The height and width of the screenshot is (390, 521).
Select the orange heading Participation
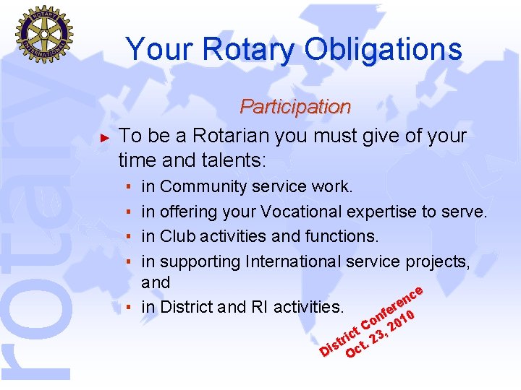click(x=295, y=107)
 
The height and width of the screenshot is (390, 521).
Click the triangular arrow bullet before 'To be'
click(x=104, y=136)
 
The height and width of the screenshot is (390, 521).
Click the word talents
click(x=226, y=159)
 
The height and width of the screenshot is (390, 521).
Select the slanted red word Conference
click(x=391, y=306)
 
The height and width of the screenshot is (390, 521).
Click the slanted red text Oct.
click(x=357, y=347)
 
